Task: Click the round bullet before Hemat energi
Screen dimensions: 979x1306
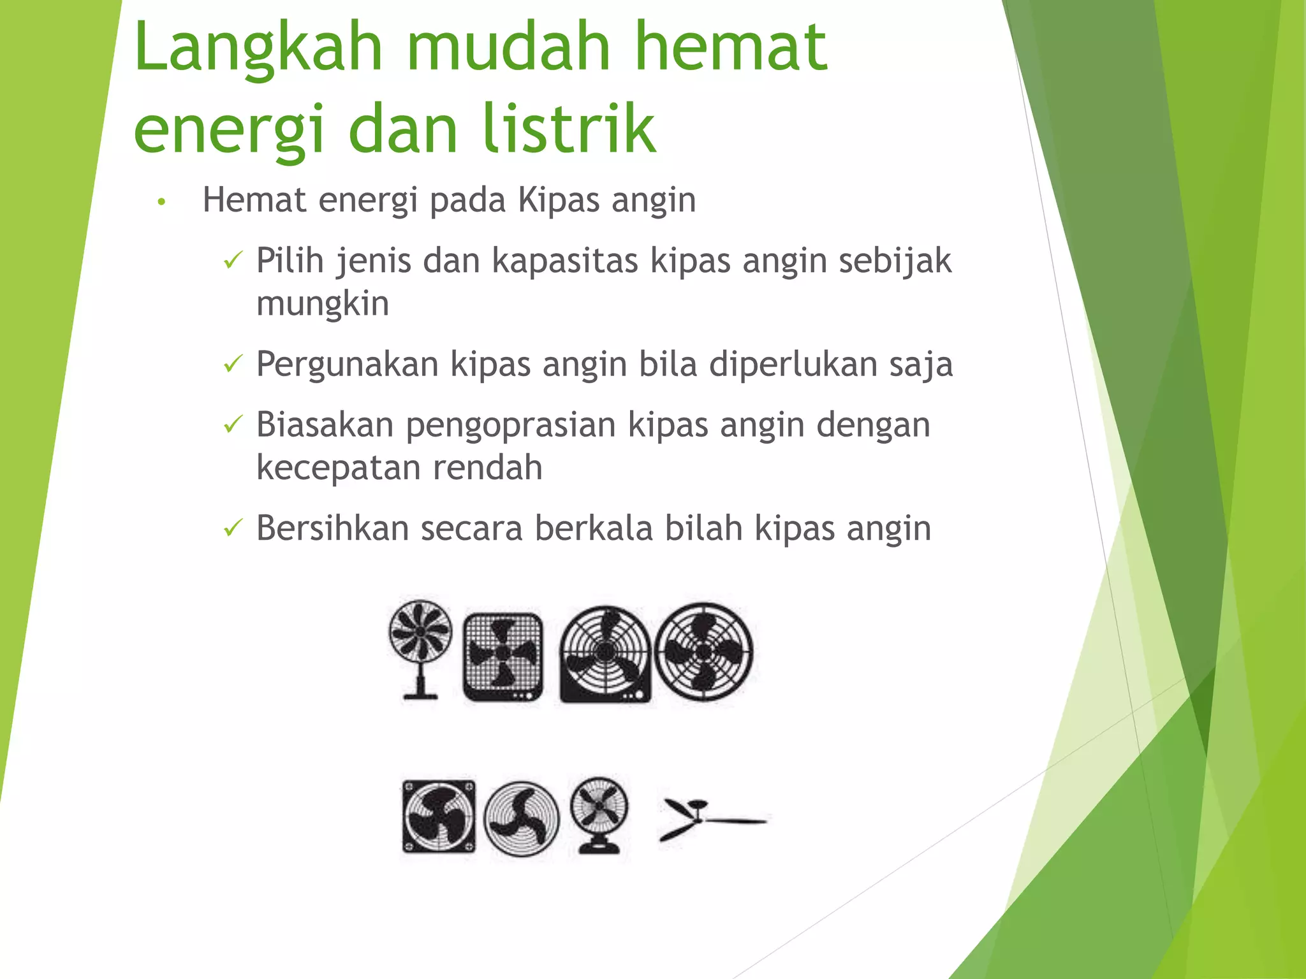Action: pos(162,202)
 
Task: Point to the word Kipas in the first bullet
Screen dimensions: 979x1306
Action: pos(559,200)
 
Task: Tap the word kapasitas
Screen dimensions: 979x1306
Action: pos(564,261)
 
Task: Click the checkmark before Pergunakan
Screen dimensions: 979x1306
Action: pos(233,364)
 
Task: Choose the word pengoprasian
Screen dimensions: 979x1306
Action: pos(511,426)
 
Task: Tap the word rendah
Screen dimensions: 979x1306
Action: pos(487,468)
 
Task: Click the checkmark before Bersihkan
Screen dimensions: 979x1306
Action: pos(233,528)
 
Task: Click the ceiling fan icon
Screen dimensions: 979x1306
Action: pos(710,818)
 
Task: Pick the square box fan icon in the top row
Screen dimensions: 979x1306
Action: pos(503,656)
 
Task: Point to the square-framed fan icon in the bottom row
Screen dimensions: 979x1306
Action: pos(439,816)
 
